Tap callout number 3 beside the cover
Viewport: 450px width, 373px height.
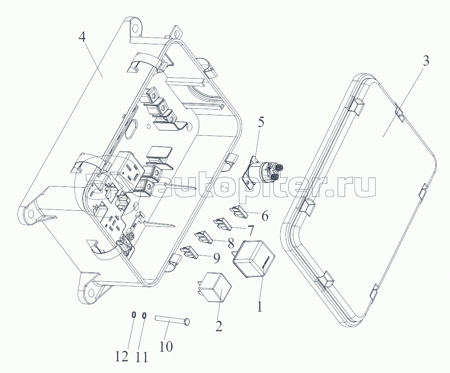pyautogui.click(x=425, y=61)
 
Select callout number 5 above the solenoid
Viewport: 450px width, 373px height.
pyautogui.click(x=261, y=123)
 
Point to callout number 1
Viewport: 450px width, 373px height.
pyautogui.click(x=260, y=307)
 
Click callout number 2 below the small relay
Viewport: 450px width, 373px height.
pyautogui.click(x=219, y=325)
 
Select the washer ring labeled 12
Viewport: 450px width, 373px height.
pyautogui.click(x=133, y=315)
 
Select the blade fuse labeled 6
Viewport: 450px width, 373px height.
pyautogui.click(x=239, y=211)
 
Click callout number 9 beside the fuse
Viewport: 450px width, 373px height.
pyautogui.click(x=216, y=258)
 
